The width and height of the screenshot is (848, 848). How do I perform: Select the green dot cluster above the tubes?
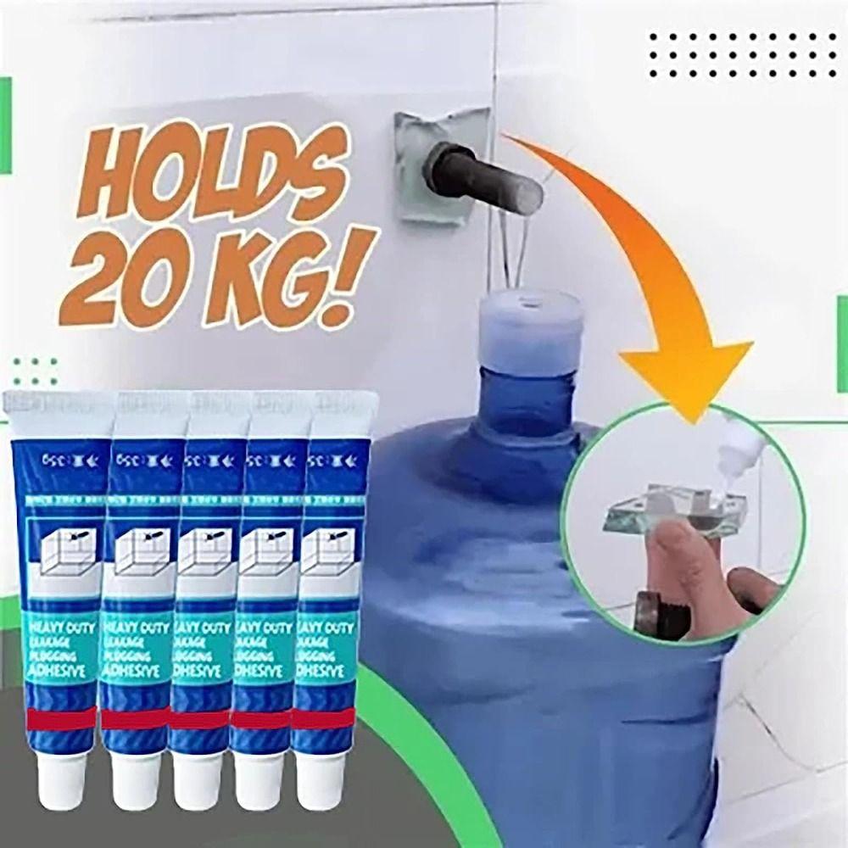tap(35, 371)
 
